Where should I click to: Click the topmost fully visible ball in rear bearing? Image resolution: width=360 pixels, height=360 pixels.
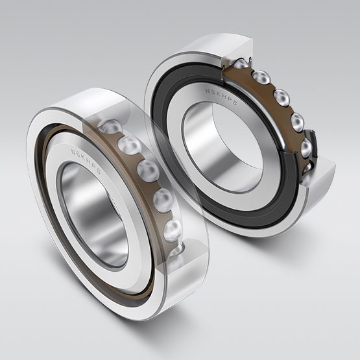pyautogui.click(x=262, y=77)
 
